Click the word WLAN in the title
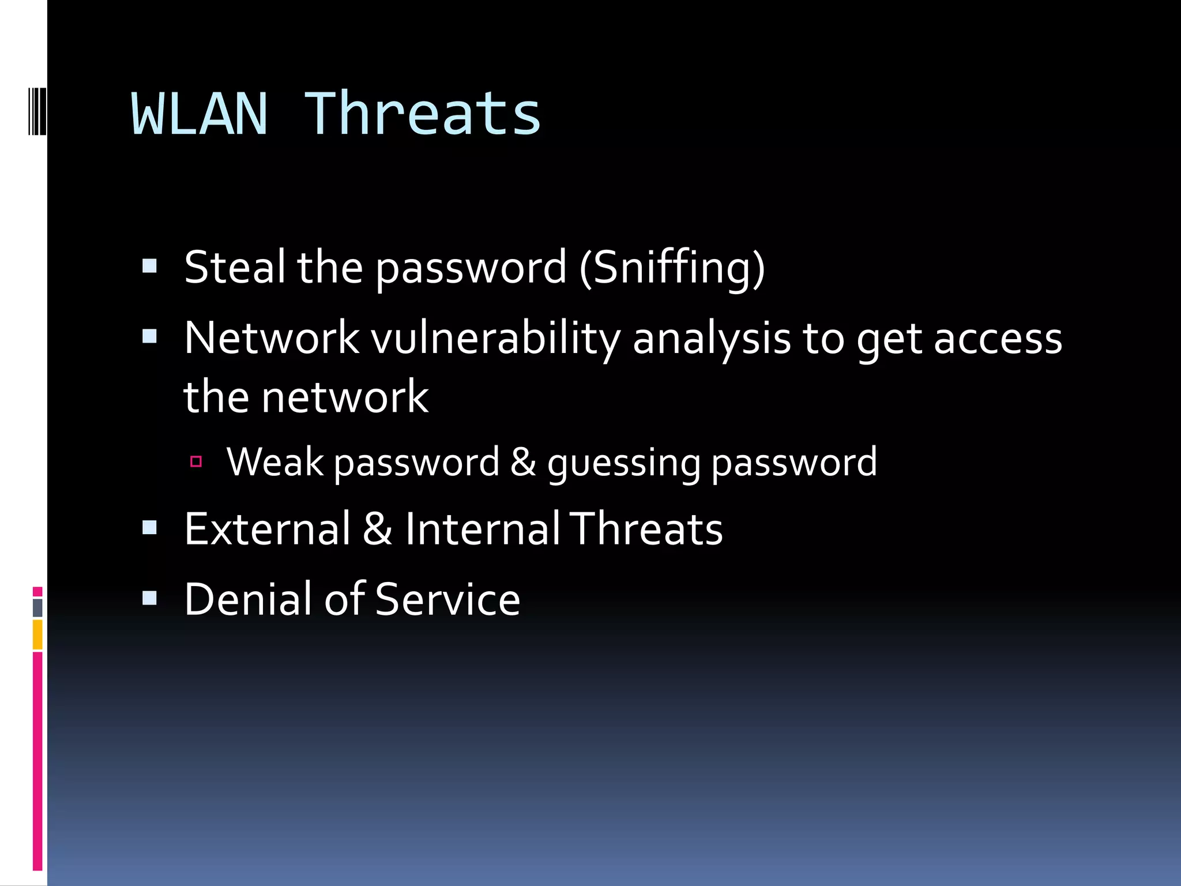[200, 114]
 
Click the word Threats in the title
[422, 114]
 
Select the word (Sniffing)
[672, 268]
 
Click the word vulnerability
[495, 338]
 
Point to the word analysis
[712, 339]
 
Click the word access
[998, 339]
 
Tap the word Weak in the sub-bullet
[275, 461]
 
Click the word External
[267, 529]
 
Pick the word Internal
[482, 529]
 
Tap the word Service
[447, 599]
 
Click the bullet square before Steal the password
[150, 266]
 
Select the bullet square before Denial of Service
[150, 598]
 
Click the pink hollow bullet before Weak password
[196, 461]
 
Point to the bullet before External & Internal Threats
[150, 527]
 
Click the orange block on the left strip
[37, 635]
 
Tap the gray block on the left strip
[37, 607]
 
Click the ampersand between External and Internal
[378, 529]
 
